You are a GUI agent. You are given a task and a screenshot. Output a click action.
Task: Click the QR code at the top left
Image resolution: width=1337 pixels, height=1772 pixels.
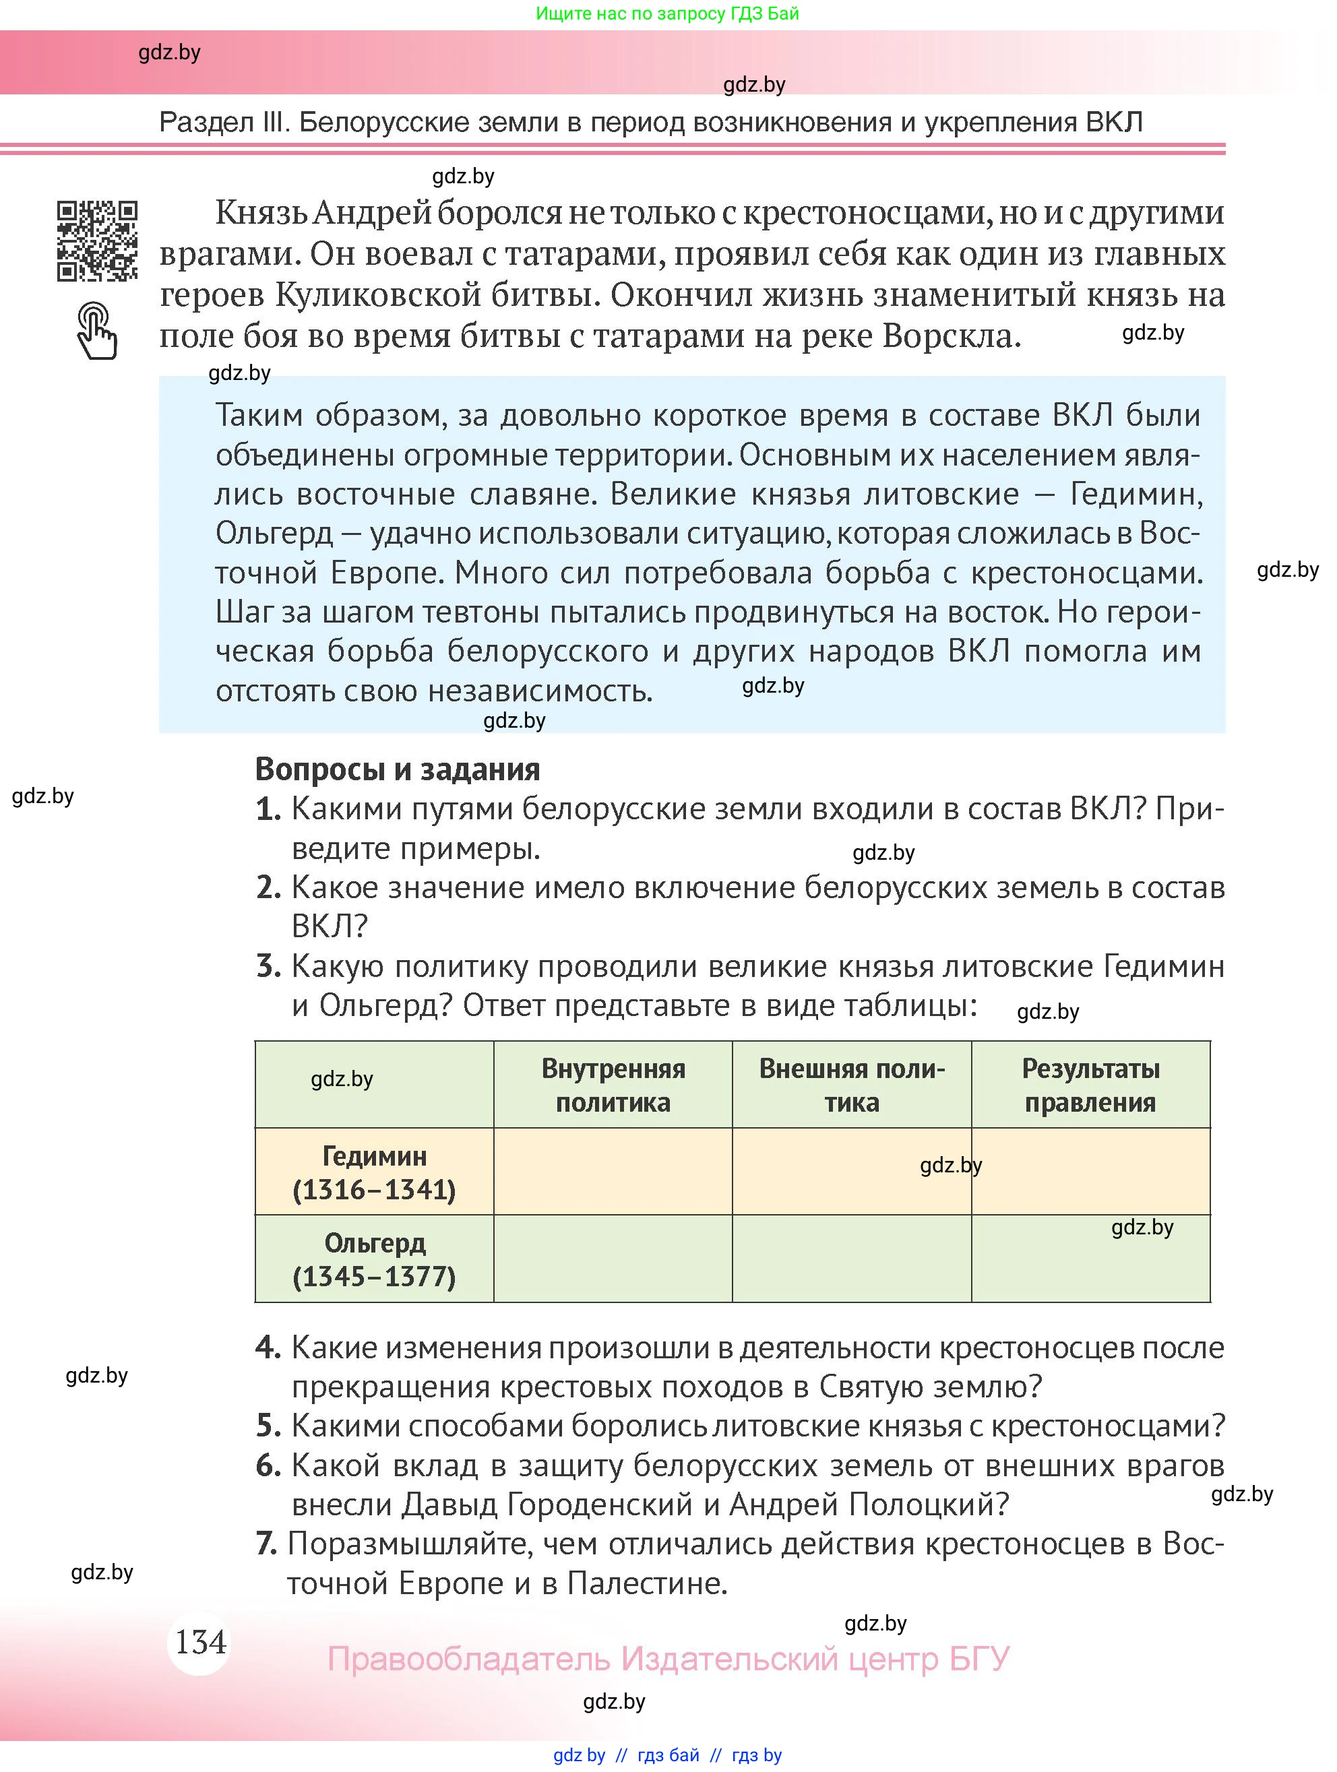[x=97, y=241]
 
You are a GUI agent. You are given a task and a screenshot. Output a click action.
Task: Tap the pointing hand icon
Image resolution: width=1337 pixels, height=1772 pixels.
[x=97, y=330]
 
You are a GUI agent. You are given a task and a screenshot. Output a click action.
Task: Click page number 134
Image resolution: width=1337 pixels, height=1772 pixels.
[x=200, y=1641]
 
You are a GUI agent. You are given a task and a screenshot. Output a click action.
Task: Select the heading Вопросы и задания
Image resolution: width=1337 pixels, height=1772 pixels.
[x=398, y=769]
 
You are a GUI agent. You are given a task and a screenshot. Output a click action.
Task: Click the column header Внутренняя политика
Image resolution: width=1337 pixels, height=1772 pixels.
[x=613, y=1085]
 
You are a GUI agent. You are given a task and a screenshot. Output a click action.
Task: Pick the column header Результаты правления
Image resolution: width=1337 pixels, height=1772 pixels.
[x=1090, y=1085]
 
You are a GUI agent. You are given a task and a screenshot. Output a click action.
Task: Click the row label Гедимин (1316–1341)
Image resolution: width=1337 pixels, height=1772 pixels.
[x=374, y=1172]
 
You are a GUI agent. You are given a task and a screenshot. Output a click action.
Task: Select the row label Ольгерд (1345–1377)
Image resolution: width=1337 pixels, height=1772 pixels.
[x=374, y=1259]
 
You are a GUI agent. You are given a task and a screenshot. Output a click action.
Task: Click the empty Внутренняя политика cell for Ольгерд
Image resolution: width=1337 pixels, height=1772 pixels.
[x=613, y=1259]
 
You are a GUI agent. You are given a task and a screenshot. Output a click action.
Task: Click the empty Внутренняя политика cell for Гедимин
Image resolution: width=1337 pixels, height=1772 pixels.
[x=613, y=1172]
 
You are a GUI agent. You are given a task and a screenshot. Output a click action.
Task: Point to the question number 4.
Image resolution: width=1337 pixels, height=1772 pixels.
[x=268, y=1348]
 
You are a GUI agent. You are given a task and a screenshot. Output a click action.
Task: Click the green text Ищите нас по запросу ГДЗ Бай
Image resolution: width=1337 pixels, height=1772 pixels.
[x=666, y=13]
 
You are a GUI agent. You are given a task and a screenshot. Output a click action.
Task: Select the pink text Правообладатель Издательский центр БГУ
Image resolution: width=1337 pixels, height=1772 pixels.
[x=668, y=1658]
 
